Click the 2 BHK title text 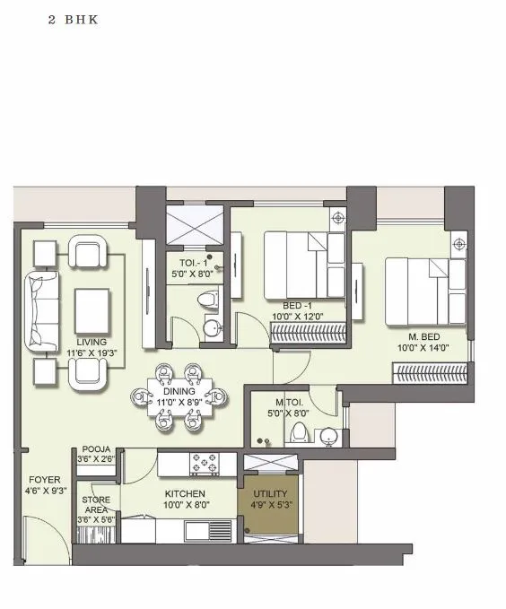coord(73,19)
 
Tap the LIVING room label coord(92,342)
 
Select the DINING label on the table coord(180,391)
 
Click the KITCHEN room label coord(185,493)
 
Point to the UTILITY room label coord(269,494)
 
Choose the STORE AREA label coord(96,504)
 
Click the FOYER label coord(44,480)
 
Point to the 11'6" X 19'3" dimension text coord(92,353)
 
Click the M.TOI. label coord(289,402)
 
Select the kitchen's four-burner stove coord(203,464)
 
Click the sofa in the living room coord(39,310)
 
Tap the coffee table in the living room coord(92,310)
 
